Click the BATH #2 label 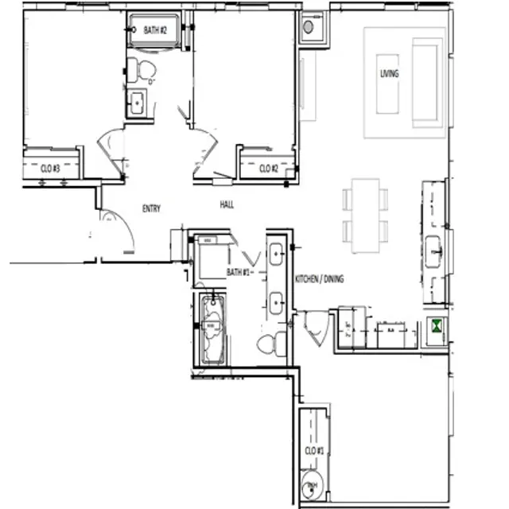pos(154,30)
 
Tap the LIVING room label pos(389,74)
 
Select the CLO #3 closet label pos(50,169)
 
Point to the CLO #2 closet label pos(268,169)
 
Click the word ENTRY pos(151,209)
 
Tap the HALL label pos(227,206)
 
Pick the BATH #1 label pos(239,272)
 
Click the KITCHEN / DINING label pos(320,280)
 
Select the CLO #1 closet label pos(314,451)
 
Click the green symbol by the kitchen pos(437,325)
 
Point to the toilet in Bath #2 pos(144,71)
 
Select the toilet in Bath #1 pos(271,344)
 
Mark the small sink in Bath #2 pos(137,103)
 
